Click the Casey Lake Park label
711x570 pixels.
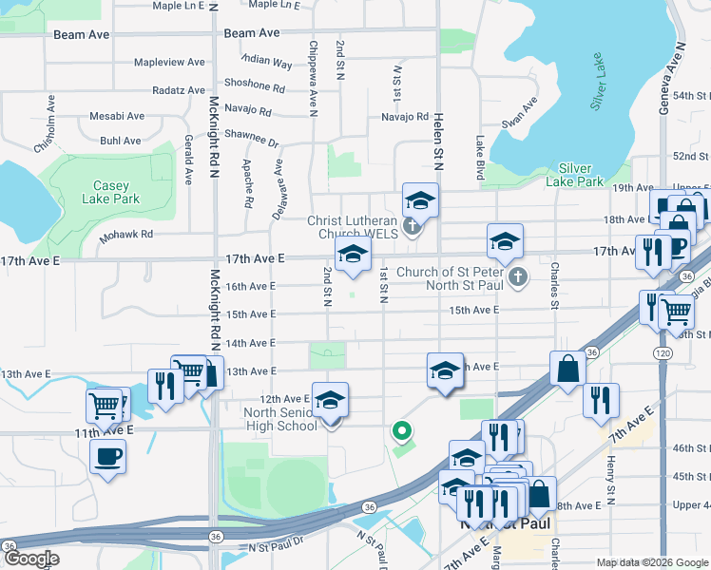point(117,192)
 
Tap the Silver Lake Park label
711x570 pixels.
point(582,175)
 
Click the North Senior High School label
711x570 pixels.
point(280,419)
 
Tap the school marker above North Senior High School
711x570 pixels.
point(330,401)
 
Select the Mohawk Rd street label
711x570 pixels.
point(126,234)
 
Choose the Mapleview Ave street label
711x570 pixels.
point(169,63)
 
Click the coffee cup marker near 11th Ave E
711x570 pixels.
point(107,456)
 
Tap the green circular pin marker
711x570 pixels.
point(402,433)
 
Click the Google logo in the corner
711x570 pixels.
point(30,559)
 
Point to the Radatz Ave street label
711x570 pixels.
point(179,91)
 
